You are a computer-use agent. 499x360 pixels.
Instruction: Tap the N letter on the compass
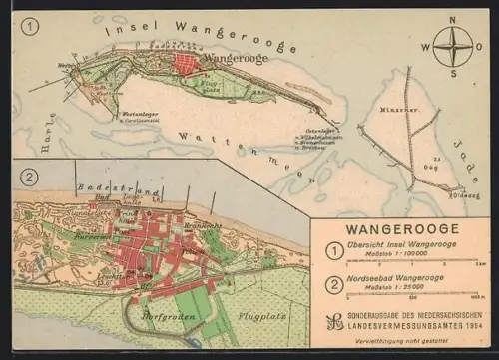(x=452, y=19)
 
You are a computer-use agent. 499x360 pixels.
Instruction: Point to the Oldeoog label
(x=468, y=194)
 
